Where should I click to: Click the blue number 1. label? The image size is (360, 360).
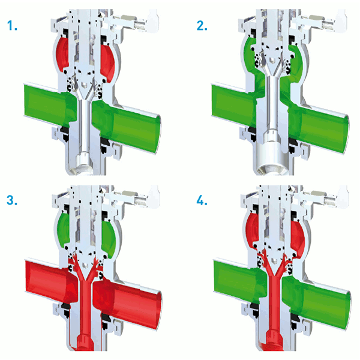(12, 25)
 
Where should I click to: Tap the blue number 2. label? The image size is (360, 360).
(202, 25)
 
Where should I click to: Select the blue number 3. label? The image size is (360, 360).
(12, 200)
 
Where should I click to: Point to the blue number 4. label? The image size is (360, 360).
(202, 200)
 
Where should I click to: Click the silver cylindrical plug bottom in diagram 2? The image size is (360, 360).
(272, 158)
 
